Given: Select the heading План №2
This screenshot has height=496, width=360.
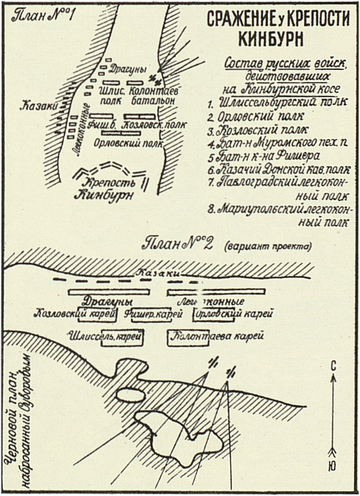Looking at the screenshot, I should point(178,244).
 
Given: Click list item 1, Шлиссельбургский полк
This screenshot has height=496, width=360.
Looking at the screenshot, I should point(277,102).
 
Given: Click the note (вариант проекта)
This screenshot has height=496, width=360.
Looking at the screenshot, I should point(267,246).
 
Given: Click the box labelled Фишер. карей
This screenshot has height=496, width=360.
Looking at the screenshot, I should point(154,314).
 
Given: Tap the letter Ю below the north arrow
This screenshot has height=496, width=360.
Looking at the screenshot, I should point(333,467).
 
